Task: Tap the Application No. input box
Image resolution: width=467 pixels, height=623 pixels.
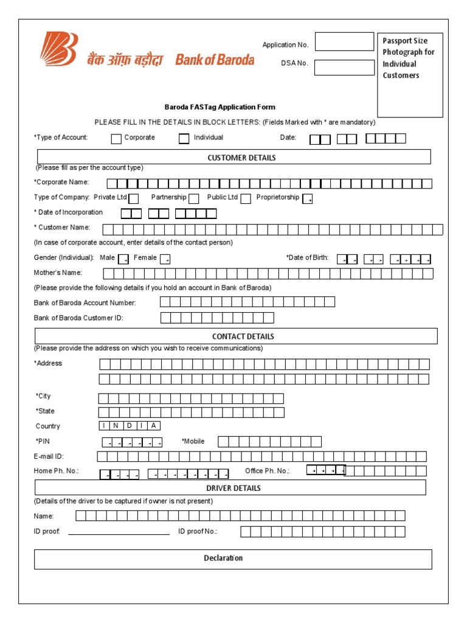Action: click(x=344, y=42)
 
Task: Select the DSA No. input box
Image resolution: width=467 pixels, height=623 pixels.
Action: click(x=344, y=67)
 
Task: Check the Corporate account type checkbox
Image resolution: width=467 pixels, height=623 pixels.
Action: click(x=116, y=139)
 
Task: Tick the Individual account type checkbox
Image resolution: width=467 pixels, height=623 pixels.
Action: click(x=184, y=139)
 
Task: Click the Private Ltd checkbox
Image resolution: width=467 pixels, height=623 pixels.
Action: click(x=134, y=198)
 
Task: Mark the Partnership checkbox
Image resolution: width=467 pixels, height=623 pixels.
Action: click(x=194, y=198)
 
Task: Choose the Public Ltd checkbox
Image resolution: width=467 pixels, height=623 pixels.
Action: click(x=246, y=198)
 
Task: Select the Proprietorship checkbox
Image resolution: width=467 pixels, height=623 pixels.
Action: click(x=308, y=198)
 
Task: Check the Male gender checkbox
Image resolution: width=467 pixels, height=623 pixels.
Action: click(x=123, y=259)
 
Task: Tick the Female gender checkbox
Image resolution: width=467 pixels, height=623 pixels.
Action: click(x=165, y=259)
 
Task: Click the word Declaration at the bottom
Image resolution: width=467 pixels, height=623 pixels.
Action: click(x=223, y=559)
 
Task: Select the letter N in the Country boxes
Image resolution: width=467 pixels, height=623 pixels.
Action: click(x=116, y=426)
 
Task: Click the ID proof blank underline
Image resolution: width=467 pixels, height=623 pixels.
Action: click(x=119, y=533)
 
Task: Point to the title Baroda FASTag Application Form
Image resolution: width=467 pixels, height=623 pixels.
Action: click(x=220, y=107)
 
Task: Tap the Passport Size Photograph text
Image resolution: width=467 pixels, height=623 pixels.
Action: click(x=409, y=58)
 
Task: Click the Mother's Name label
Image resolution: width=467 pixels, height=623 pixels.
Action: click(x=58, y=273)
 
